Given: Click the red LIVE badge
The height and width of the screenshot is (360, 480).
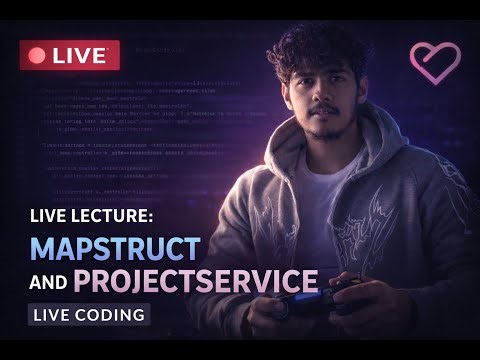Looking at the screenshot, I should click(69, 55).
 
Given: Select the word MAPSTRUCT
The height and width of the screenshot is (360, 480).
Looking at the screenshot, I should click(115, 247).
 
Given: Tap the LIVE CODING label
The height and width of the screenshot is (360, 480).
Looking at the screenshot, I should click(89, 315).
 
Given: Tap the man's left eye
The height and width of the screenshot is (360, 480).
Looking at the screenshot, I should click(339, 87).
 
